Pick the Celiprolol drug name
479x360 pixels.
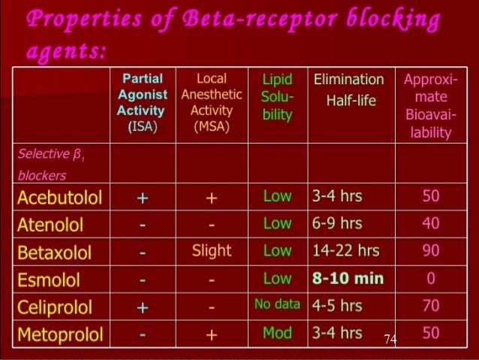click(54, 307)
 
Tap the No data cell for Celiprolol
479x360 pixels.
click(277, 305)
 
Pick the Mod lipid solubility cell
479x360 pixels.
click(277, 333)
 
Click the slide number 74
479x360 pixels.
click(389, 340)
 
